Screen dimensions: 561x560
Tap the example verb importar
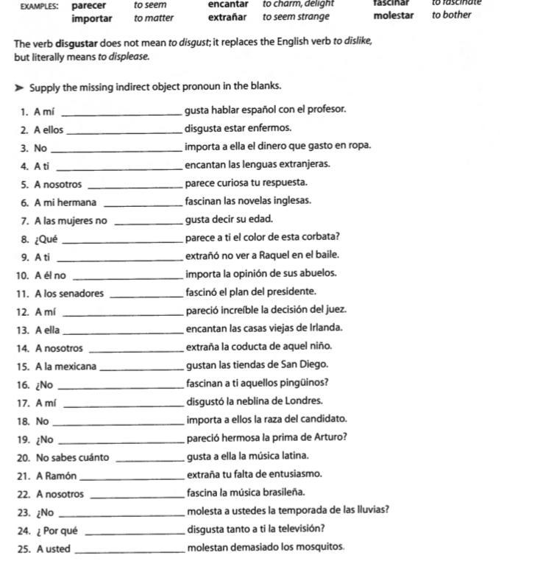click(92, 18)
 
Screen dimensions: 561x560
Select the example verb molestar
click(393, 15)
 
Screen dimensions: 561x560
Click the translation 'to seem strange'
click(296, 17)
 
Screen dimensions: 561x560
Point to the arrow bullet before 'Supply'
click(18, 88)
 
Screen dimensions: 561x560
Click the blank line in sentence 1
click(124, 113)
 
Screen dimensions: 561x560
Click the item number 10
click(21, 275)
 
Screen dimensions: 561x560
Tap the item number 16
click(22, 384)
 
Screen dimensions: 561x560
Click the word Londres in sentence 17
click(304, 401)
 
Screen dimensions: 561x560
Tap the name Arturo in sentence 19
click(327, 437)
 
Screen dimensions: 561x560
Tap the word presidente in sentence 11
click(292, 292)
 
